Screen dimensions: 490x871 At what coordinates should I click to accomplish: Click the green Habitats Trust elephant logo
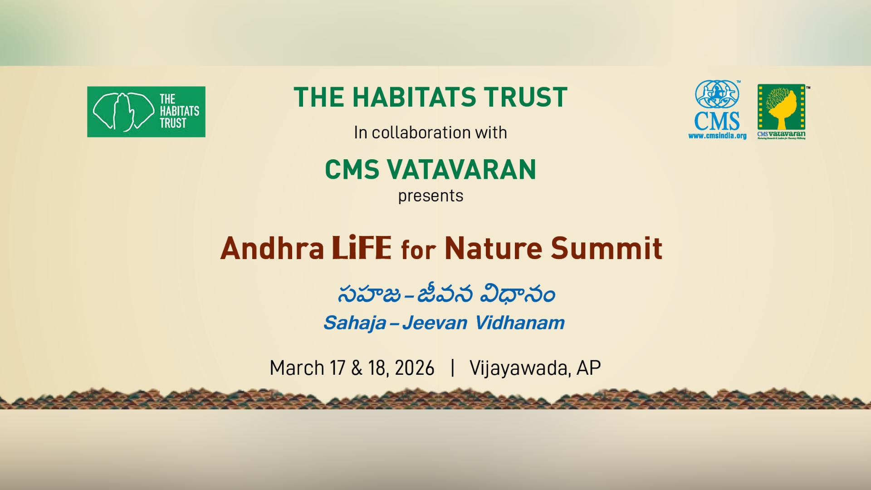pyautogui.click(x=146, y=112)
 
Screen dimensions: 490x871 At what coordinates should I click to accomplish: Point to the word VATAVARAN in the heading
pyautogui.click(x=461, y=170)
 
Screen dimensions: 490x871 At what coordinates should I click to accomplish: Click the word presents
pyautogui.click(x=431, y=196)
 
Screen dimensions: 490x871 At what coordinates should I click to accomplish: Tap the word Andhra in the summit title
pyautogui.click(x=272, y=249)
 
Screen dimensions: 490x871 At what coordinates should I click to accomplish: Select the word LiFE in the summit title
pyautogui.click(x=361, y=248)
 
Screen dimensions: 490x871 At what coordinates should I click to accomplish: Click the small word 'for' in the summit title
pyautogui.click(x=418, y=250)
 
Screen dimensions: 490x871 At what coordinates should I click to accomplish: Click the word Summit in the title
pyautogui.click(x=607, y=249)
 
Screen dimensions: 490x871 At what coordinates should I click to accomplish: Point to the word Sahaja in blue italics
pyautogui.click(x=355, y=323)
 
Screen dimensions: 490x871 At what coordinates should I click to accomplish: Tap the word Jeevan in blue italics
pyautogui.click(x=435, y=323)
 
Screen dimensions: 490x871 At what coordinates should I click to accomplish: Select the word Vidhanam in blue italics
pyautogui.click(x=520, y=323)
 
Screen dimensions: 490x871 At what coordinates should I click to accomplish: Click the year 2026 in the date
pyautogui.click(x=414, y=368)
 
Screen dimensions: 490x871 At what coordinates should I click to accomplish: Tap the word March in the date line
pyautogui.click(x=297, y=368)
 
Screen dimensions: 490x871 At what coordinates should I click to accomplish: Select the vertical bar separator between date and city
pyautogui.click(x=452, y=367)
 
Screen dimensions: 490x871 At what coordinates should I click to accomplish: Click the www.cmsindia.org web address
pyautogui.click(x=717, y=136)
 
